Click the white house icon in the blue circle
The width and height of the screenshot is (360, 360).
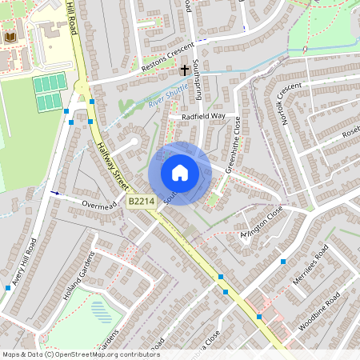180,173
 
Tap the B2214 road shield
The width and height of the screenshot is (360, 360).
141,203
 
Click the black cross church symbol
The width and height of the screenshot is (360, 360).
185,70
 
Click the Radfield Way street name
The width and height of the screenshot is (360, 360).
203,117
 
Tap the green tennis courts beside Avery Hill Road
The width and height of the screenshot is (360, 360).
47,92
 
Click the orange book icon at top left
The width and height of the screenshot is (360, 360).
10,37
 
